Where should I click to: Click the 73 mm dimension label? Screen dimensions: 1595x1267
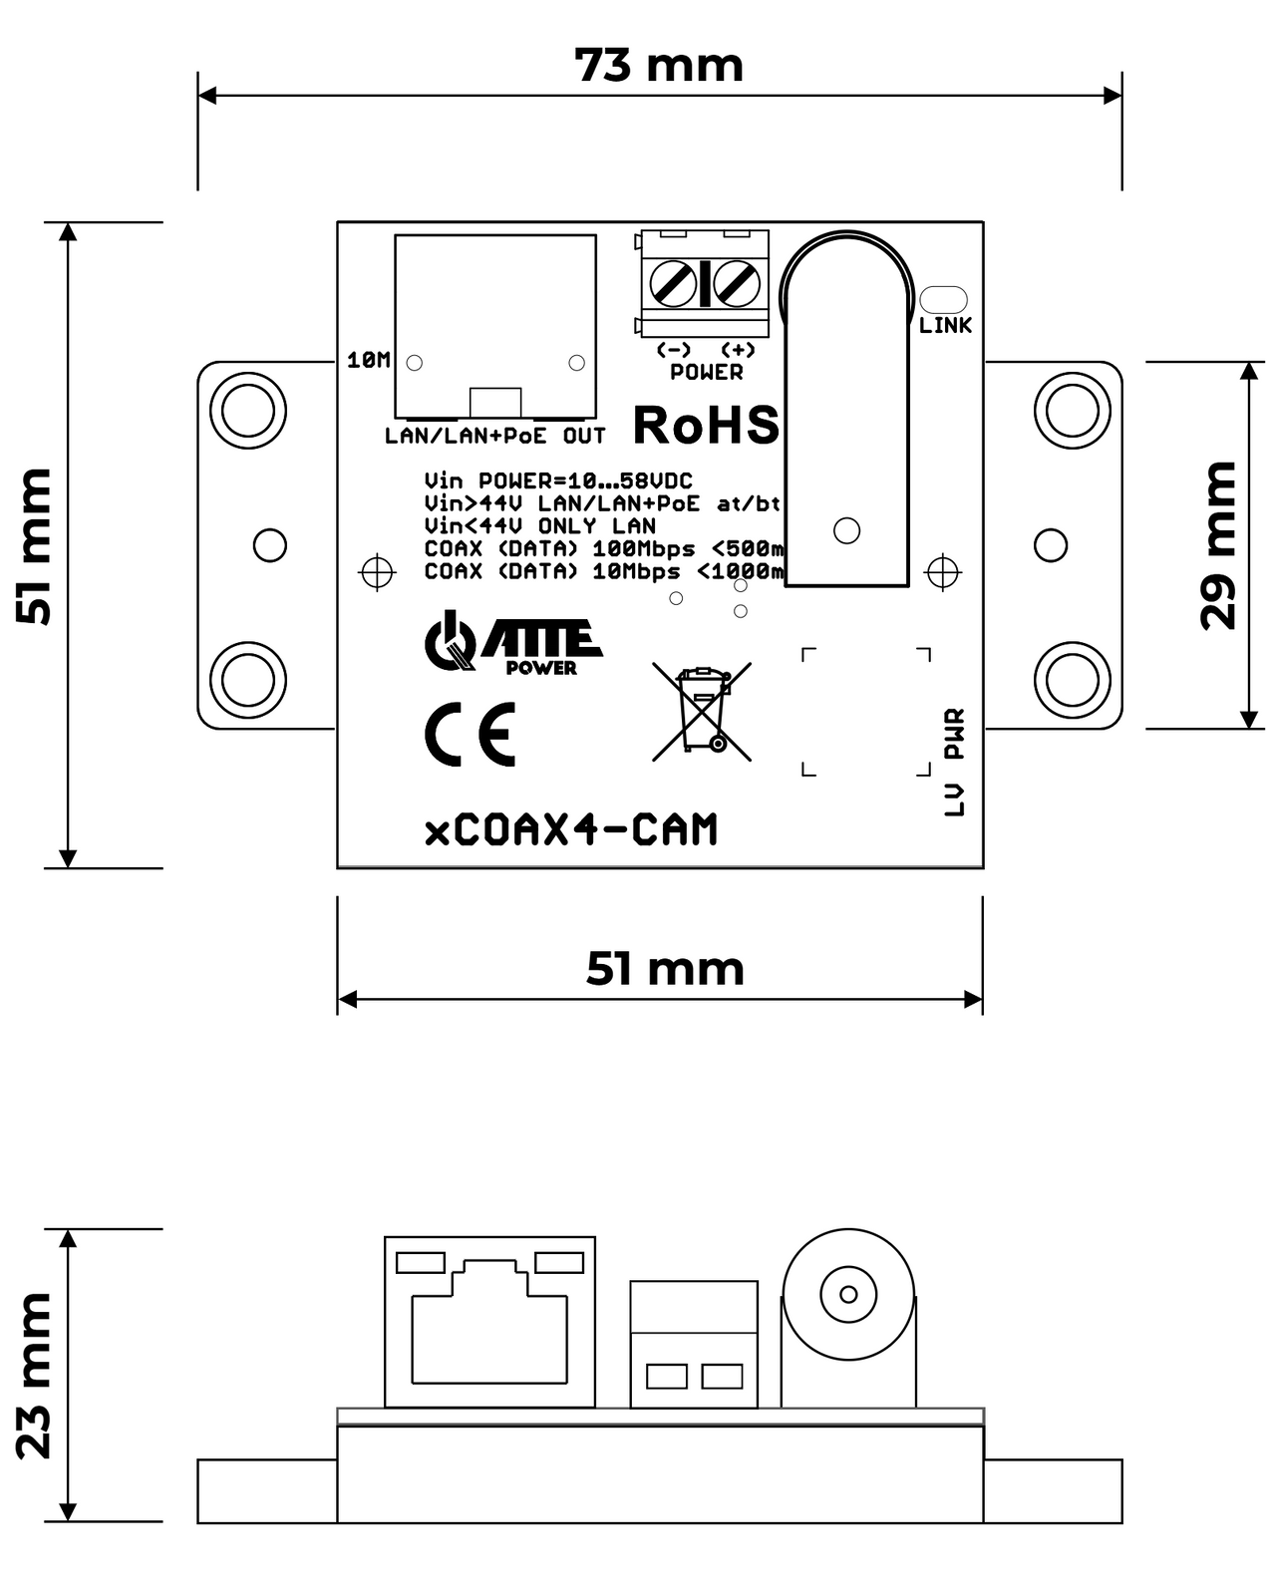(x=659, y=66)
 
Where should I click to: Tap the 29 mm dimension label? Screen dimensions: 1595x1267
(x=1218, y=545)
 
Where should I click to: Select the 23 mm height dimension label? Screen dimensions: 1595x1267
(x=34, y=1376)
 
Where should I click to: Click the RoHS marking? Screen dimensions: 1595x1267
(x=706, y=426)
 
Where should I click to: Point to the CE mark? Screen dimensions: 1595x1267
(x=470, y=734)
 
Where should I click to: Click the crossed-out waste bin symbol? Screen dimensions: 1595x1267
(x=702, y=711)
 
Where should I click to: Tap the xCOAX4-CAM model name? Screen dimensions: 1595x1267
(x=571, y=830)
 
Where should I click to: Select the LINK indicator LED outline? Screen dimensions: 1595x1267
(x=943, y=299)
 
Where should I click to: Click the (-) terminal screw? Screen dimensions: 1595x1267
(x=673, y=283)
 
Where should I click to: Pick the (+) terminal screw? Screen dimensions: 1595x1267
(x=738, y=283)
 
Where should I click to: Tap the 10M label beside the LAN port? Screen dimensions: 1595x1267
(x=368, y=360)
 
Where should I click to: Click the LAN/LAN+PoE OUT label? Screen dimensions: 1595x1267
(x=495, y=436)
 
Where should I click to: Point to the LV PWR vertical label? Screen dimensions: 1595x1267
(x=955, y=763)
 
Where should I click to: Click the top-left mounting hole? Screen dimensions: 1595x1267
(x=248, y=410)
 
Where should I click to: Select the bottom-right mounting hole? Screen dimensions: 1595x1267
(x=1072, y=679)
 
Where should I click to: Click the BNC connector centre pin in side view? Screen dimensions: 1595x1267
(x=848, y=1294)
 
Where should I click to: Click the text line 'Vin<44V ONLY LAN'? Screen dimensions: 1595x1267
(x=539, y=525)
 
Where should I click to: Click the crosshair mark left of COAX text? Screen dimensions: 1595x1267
(x=377, y=571)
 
